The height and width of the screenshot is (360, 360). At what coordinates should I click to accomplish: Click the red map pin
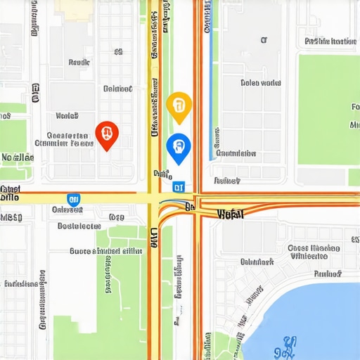click(x=106, y=133)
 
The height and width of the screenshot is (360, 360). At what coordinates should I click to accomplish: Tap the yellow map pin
click(x=179, y=105)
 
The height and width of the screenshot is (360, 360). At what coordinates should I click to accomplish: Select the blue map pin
click(x=179, y=147)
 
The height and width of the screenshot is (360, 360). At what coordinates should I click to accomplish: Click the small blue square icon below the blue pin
click(x=179, y=186)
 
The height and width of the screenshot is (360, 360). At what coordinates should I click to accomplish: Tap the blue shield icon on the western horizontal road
click(x=73, y=200)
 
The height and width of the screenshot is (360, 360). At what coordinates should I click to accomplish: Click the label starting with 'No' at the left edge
click(x=17, y=157)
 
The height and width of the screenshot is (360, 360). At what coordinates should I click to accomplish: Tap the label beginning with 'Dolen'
click(x=260, y=83)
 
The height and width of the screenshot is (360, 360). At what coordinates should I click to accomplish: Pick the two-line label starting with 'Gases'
click(x=314, y=252)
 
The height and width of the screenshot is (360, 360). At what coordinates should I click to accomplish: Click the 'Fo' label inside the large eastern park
click(x=355, y=108)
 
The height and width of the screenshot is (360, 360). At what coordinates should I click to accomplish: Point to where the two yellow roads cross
click(x=154, y=198)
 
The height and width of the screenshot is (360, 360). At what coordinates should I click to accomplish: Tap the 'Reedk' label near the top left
click(x=79, y=63)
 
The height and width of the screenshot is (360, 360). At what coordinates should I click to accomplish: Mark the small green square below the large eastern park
click(x=354, y=176)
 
